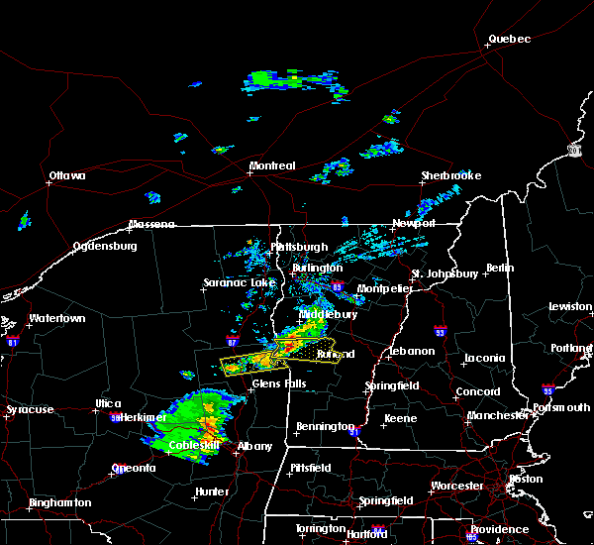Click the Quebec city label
509,40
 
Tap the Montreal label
272,165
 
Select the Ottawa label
67,176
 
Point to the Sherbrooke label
450,175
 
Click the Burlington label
317,268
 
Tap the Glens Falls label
279,383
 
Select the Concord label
477,391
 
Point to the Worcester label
457,486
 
